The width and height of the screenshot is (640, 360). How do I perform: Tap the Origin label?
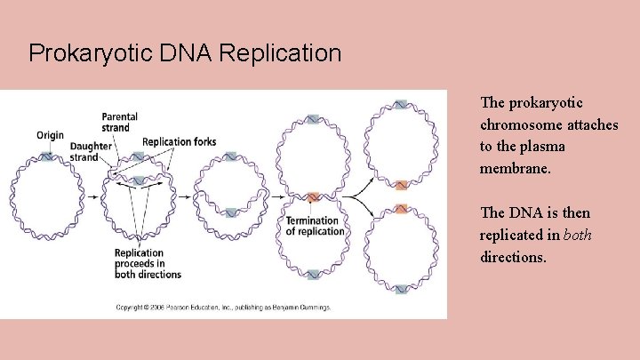click(50, 135)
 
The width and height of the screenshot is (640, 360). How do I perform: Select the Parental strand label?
click(119, 123)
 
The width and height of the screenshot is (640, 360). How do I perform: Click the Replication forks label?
click(179, 141)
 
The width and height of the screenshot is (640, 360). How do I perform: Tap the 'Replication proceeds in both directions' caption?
click(148, 263)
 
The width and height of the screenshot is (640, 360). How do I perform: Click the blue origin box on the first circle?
click(46, 156)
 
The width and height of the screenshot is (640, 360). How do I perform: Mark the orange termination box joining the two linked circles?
click(313, 197)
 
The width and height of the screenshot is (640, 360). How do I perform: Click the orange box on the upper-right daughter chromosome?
click(401, 185)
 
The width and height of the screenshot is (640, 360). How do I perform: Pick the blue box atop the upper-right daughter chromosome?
click(401, 105)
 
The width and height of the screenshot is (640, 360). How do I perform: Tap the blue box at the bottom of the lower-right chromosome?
click(401, 289)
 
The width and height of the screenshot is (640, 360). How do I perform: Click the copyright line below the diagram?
click(223, 308)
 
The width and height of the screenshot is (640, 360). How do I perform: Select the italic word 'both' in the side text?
click(577, 235)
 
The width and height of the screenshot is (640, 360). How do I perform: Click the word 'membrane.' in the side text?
click(516, 168)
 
